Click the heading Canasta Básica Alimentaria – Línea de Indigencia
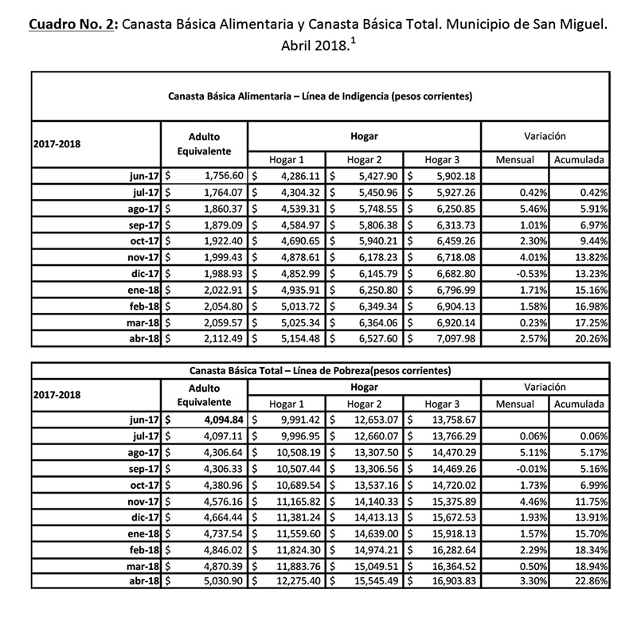click(321, 97)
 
